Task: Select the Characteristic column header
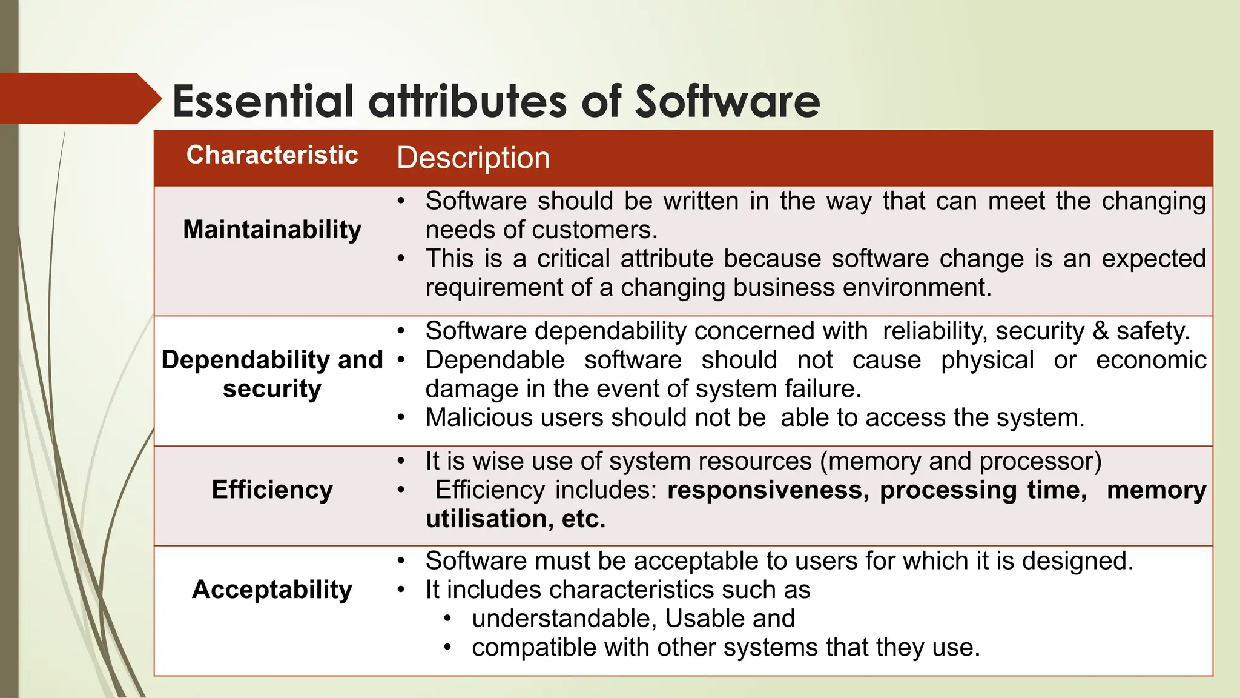pyautogui.click(x=272, y=155)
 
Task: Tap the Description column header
pyautogui.click(x=473, y=158)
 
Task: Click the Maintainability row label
pyautogui.click(x=272, y=230)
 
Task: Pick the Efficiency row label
pyautogui.click(x=272, y=490)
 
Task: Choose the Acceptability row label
pyautogui.click(x=272, y=590)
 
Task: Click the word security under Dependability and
pyautogui.click(x=272, y=388)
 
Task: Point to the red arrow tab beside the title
pyautogui.click(x=79, y=98)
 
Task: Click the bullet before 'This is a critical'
pyautogui.click(x=401, y=259)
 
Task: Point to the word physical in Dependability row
pyautogui.click(x=987, y=360)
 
